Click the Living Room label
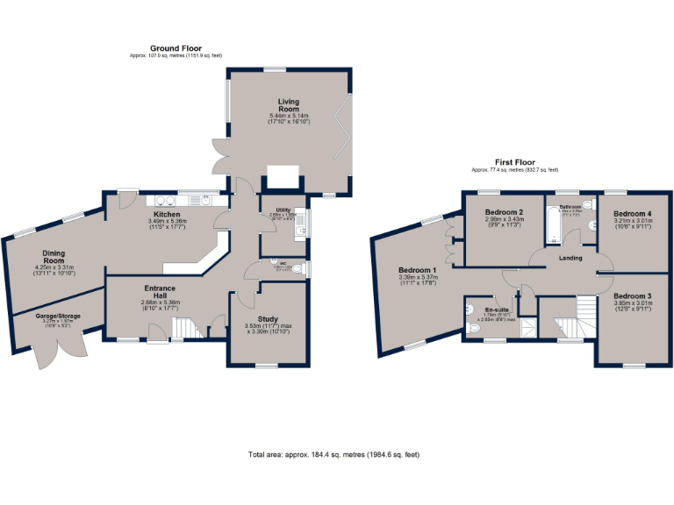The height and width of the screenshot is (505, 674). [x=290, y=105]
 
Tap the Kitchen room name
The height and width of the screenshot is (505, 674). [x=167, y=213]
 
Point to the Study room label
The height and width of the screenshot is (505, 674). [x=268, y=319]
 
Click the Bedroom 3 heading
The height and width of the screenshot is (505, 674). [x=632, y=296]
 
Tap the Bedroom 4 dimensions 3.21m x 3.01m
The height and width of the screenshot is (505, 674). [x=632, y=221]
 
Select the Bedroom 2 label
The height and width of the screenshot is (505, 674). [x=505, y=212]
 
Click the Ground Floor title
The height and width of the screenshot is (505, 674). [x=176, y=48]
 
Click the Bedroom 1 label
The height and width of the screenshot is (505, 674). [x=417, y=269]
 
